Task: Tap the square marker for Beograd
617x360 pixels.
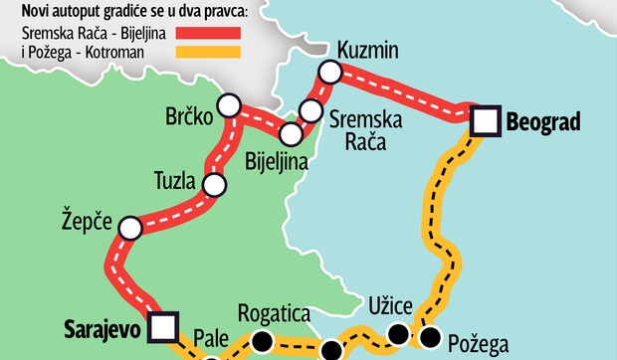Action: [486, 120]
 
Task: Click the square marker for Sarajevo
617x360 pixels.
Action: [164, 325]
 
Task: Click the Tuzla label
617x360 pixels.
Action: [176, 181]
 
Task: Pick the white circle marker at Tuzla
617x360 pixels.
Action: [213, 184]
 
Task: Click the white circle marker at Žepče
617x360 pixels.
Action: [129, 229]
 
